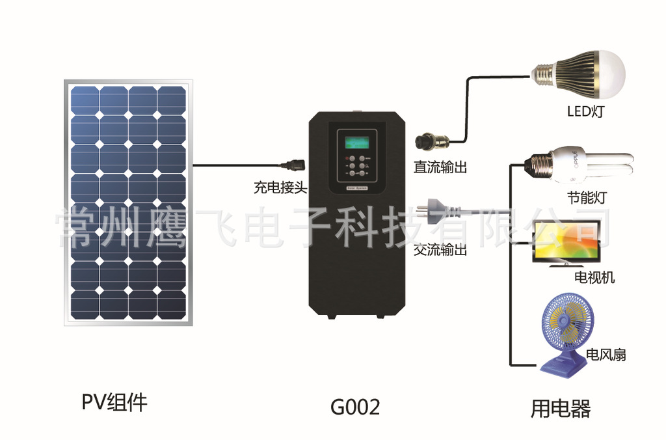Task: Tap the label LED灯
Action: pos(585,111)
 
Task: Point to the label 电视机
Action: pos(594,278)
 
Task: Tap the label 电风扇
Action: pos(606,355)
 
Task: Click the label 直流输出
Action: pos(440,167)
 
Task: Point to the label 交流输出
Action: pos(440,250)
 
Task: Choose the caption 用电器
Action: pos(560,409)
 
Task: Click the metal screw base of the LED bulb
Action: pos(542,73)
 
